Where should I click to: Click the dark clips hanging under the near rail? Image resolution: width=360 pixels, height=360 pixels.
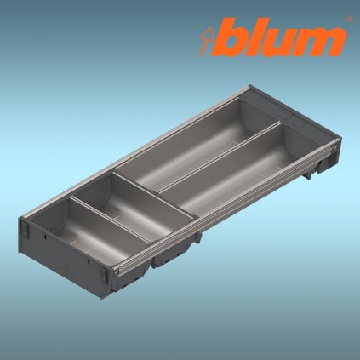(x=174, y=252)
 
